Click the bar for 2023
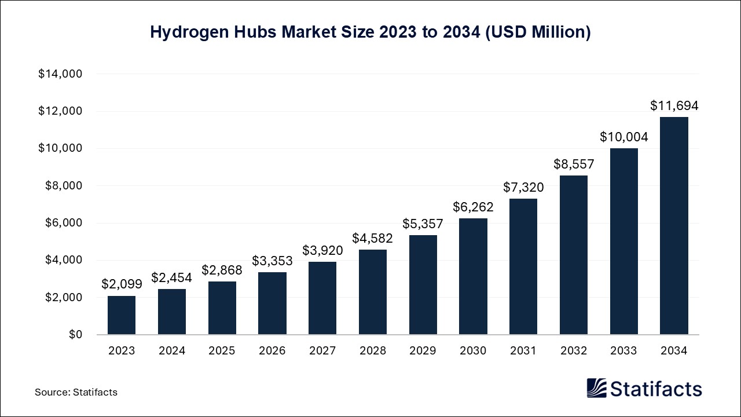(122, 315)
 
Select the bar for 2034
(674, 226)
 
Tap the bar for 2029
(423, 285)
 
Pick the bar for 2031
(523, 266)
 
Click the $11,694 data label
(674, 106)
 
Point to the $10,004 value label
(623, 137)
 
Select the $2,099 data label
(122, 284)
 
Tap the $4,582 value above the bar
(372, 238)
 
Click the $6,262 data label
(473, 207)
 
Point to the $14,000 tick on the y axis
(60, 74)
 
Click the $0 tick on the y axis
(75, 335)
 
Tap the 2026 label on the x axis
(272, 351)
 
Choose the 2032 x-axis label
(573, 351)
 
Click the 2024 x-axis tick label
(172, 351)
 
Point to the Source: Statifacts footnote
(76, 392)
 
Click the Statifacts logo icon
(597, 388)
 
